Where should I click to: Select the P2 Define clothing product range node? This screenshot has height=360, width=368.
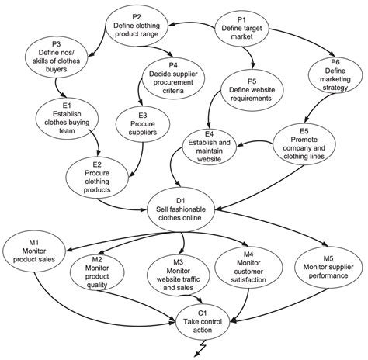click(137, 26)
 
